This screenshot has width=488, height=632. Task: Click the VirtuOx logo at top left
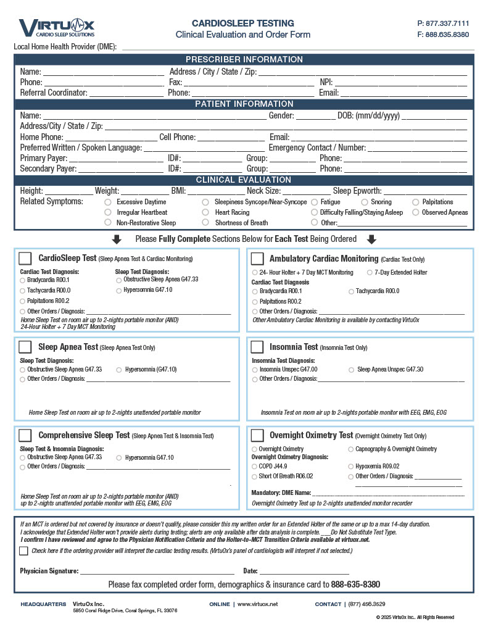[56, 28]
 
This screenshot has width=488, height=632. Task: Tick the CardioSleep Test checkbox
[25, 258]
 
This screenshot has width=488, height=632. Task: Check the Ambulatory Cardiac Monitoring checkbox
[257, 258]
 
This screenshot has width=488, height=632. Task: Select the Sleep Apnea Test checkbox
[25, 347]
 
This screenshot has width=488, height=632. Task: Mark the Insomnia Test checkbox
[257, 347]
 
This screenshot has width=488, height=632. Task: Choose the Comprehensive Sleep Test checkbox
[25, 435]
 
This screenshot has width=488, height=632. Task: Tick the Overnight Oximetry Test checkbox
[257, 435]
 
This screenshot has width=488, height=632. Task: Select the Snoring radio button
[365, 202]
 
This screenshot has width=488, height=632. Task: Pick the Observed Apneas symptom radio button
[416, 212]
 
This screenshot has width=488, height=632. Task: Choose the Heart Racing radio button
[206, 212]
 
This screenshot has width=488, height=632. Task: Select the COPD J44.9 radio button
[255, 467]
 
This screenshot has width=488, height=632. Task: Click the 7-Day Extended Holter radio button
[370, 272]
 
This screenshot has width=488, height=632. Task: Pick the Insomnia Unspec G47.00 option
[255, 370]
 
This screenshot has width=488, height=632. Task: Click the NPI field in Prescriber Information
[400, 82]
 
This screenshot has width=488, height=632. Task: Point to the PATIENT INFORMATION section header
[244, 104]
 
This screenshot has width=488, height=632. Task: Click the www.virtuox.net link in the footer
[257, 604]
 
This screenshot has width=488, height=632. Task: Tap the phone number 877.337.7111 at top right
[443, 23]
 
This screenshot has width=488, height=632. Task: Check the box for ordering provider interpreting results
[23, 551]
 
